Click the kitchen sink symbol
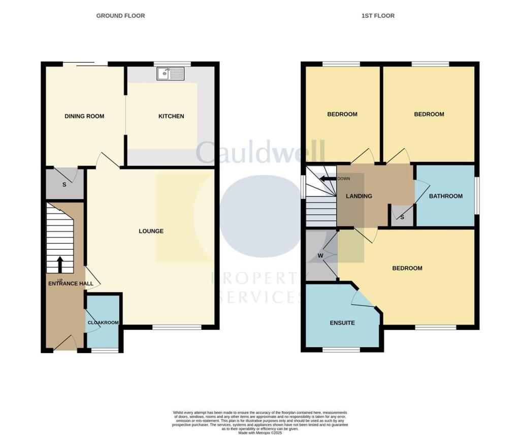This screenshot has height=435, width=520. point(171,74)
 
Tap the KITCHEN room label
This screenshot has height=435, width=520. point(171,116)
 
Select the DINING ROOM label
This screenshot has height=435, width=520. point(84,116)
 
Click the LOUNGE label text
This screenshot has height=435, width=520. point(151,231)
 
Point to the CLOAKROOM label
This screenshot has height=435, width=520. point(103,322)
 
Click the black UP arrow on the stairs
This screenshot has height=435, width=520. point(60,264)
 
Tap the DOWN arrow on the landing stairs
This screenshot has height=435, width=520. point(327,179)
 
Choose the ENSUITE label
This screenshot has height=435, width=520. point(342,323)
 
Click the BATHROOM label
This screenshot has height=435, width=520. point(446,196)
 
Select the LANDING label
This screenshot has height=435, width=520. point(359,196)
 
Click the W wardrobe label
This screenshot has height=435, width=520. point(320,255)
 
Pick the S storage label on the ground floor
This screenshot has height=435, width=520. point(64,185)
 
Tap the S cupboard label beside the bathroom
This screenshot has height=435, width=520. point(402,217)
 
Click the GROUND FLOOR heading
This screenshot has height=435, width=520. point(120,16)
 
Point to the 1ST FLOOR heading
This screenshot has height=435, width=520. point(378,16)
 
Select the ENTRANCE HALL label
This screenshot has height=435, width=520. point(71,283)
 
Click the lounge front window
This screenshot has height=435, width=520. point(177,327)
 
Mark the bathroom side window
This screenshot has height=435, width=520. point(477,195)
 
